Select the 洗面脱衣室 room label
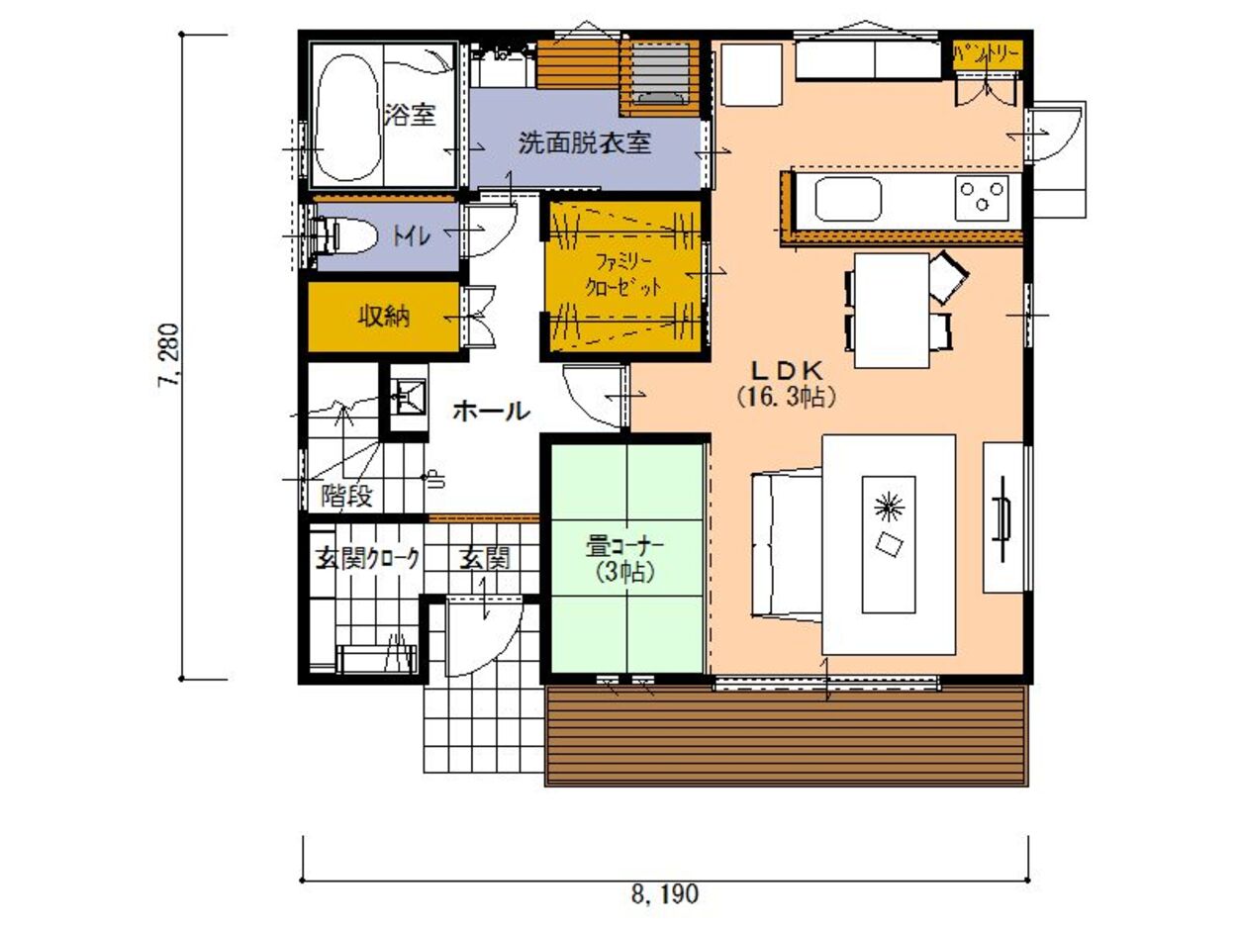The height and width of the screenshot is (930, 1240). tap(585, 142)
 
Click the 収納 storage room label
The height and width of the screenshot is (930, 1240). tap(384, 318)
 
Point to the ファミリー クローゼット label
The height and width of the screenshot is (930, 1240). tap(623, 275)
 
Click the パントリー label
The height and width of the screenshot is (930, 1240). tap(987, 55)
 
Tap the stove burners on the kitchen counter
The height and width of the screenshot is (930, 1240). tap(982, 197)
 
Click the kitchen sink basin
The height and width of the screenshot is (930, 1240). tap(848, 199)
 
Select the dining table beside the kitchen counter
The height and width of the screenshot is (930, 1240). tap(892, 310)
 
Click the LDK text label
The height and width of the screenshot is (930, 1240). tap(786, 372)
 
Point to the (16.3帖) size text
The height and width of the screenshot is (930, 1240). tap(786, 398)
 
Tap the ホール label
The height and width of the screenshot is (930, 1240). tap(492, 411)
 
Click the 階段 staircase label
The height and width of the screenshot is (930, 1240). tap(346, 496)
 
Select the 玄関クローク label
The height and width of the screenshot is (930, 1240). tap(367, 559)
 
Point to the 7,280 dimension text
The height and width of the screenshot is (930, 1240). tap(168, 354)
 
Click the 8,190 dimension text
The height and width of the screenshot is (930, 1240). tap(665, 893)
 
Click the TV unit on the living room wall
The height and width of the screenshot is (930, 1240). tap(1003, 517)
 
